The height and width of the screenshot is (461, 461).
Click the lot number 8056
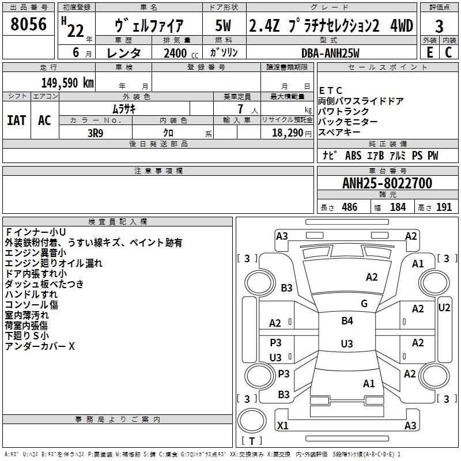tap(28, 25)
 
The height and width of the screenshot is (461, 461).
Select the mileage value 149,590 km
tap(67, 82)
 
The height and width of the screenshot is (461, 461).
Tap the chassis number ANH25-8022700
tap(387, 183)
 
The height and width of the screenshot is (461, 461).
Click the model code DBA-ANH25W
tap(330, 52)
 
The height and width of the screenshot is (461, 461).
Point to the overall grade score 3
tap(439, 26)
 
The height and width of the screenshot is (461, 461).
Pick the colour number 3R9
tap(95, 132)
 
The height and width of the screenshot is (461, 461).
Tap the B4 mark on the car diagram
tap(347, 321)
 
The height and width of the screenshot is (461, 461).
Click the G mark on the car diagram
tap(364, 304)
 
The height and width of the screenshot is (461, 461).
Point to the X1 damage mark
tap(283, 425)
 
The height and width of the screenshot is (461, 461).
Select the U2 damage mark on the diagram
tap(444, 307)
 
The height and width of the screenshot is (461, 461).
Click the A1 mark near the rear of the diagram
tap(369, 383)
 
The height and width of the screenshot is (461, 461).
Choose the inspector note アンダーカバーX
tap(40, 346)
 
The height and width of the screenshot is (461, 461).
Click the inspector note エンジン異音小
tap(35, 253)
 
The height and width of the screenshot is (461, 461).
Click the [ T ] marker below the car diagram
tap(252, 441)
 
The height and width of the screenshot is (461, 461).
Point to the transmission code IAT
tap(16, 120)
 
